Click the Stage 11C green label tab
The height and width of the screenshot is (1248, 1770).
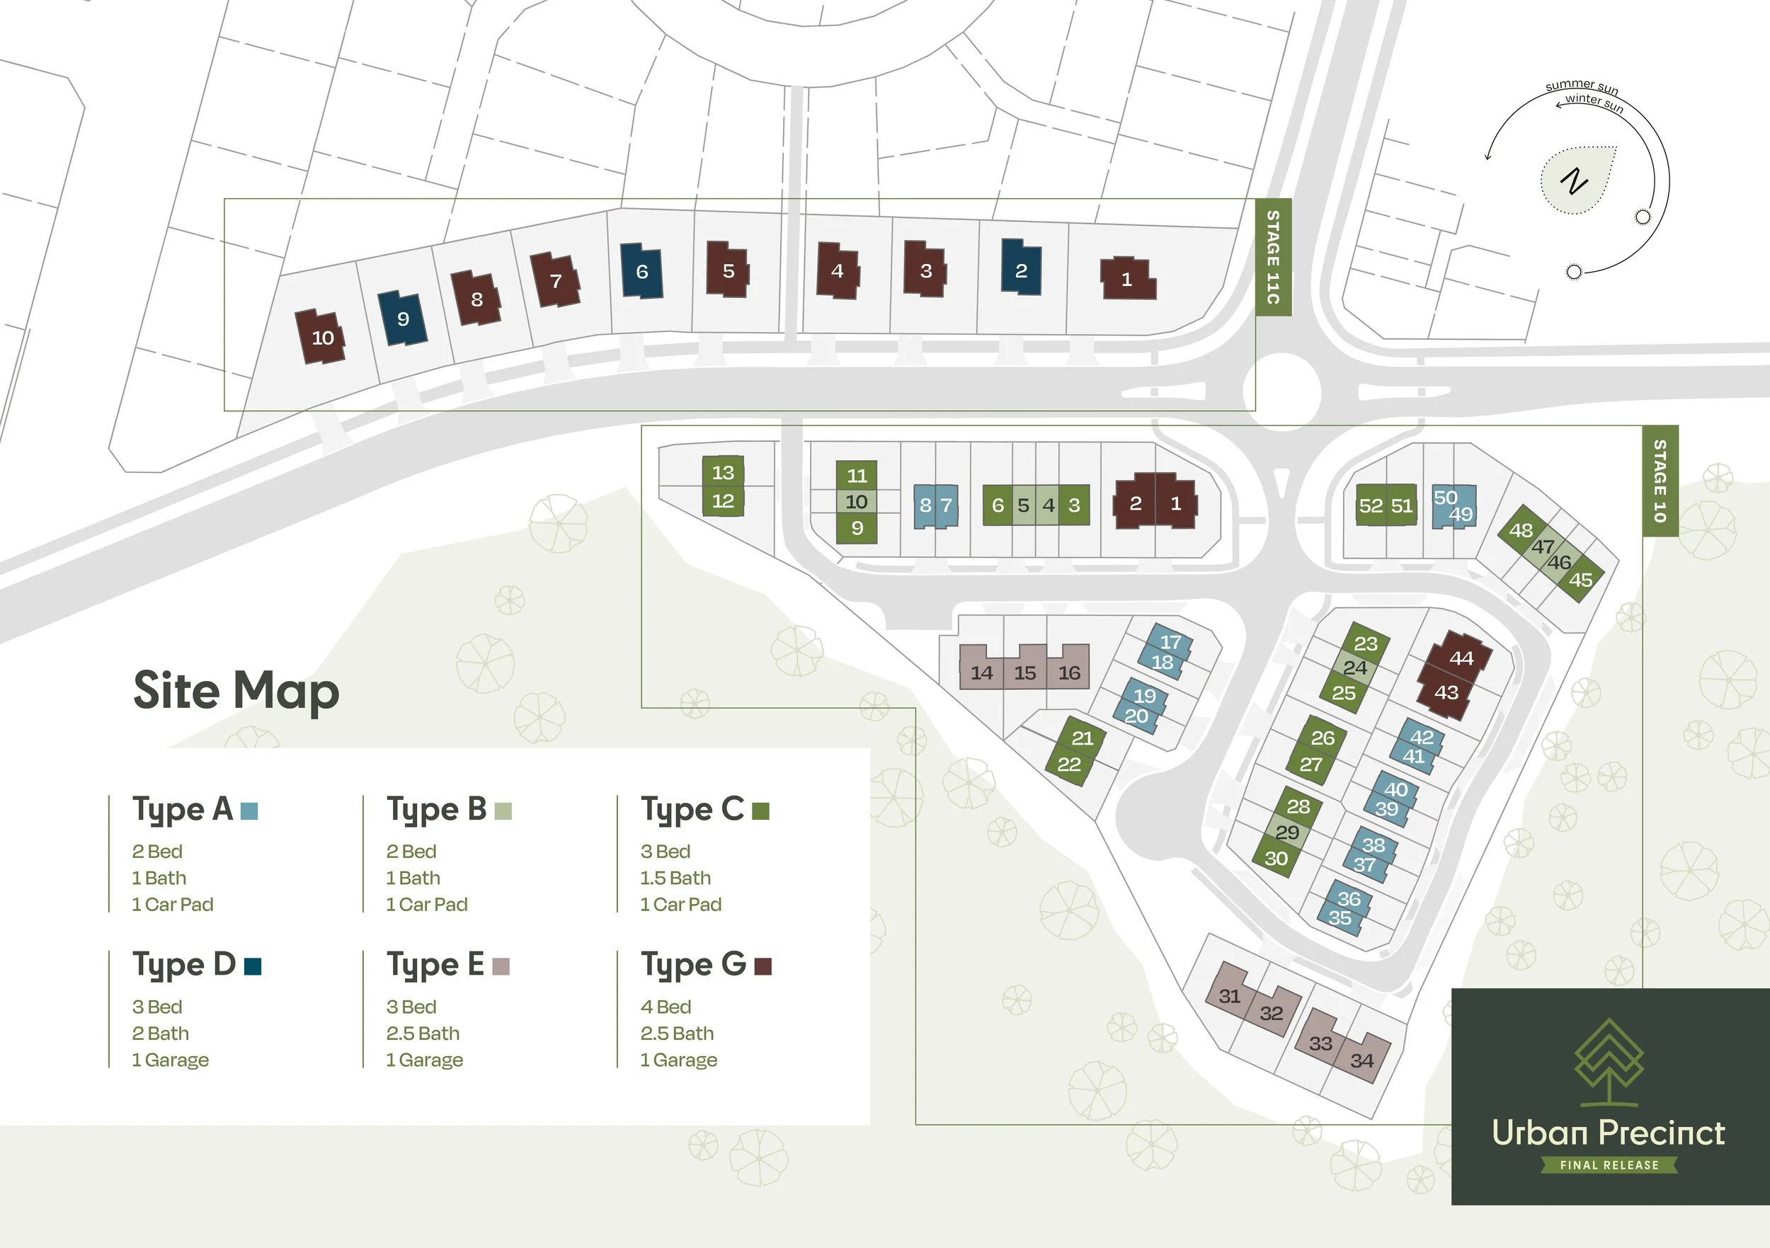coord(1273,257)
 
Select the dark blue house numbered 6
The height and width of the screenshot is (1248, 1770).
coord(641,271)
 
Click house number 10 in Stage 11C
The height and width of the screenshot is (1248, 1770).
coord(321,338)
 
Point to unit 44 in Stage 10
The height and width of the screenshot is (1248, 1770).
coord(1460,658)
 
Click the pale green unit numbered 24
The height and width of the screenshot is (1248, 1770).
coord(1354,668)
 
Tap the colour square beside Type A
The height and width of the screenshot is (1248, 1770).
coord(249,811)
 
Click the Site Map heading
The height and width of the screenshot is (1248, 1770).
coord(236,690)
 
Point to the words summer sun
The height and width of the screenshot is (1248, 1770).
coord(1581,86)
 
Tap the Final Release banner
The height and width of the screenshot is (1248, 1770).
coord(1609,1164)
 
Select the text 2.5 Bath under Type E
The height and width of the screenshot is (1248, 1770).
coord(423,1033)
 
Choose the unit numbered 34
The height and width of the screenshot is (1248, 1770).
coord(1361,1060)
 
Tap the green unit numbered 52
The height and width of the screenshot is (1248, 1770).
coord(1370,505)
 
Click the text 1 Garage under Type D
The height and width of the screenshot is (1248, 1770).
coord(171,1060)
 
